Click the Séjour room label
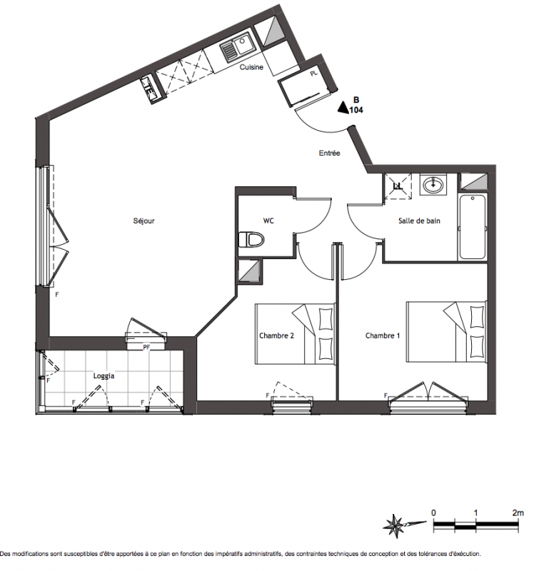click(144, 221)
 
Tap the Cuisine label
click(251, 67)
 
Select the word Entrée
click(329, 153)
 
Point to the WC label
click(268, 221)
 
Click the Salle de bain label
click(419, 221)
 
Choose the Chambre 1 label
click(383, 335)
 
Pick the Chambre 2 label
click(276, 335)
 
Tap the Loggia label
click(104, 376)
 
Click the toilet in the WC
click(251, 240)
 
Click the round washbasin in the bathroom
click(433, 185)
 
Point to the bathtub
click(473, 227)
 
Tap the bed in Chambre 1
click(447, 332)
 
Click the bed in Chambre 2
click(295, 334)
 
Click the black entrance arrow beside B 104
click(343, 108)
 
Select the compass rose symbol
click(396, 526)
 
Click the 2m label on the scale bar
click(518, 512)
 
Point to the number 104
click(356, 110)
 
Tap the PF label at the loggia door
click(146, 348)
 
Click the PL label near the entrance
click(314, 74)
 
